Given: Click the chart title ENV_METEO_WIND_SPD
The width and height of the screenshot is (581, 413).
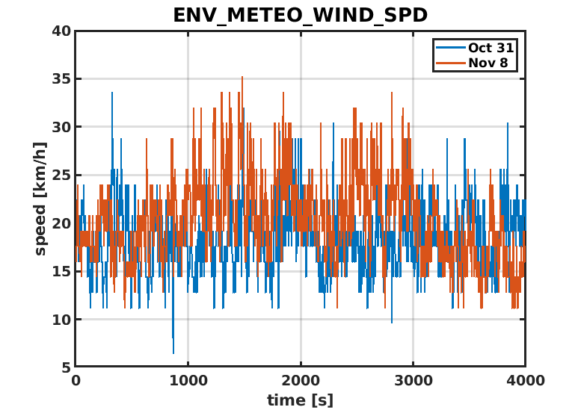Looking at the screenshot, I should (x=299, y=15).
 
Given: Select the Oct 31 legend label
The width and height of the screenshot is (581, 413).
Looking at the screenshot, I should (x=491, y=48).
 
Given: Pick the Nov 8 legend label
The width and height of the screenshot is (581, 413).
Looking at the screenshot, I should (x=488, y=63).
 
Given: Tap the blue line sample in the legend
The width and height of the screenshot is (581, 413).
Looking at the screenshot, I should (x=450, y=48).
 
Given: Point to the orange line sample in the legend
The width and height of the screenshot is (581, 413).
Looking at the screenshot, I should (x=450, y=63).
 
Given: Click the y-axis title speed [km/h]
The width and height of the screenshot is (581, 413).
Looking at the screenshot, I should (x=40, y=199).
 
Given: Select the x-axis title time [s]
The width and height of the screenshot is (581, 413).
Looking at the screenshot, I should (x=300, y=400).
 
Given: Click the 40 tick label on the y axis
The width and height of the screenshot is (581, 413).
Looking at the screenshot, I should (x=61, y=31).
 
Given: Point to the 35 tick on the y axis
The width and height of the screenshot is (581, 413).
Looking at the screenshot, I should (x=61, y=79).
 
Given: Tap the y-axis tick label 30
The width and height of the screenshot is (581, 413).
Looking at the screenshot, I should (x=61, y=127).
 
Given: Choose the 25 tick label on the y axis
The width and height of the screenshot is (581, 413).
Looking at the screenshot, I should (x=61, y=176).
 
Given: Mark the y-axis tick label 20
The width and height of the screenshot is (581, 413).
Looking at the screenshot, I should (x=61, y=223).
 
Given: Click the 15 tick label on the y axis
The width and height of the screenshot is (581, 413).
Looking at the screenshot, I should (x=61, y=271).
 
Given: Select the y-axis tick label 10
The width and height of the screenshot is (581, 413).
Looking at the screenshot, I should (x=61, y=320).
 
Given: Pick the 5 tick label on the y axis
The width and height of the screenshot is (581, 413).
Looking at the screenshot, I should (x=66, y=367).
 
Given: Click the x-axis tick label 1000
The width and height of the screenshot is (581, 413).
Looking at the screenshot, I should (x=188, y=380).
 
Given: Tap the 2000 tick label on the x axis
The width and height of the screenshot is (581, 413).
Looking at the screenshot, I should (x=300, y=380).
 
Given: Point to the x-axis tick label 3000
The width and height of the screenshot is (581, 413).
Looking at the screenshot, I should (x=413, y=380).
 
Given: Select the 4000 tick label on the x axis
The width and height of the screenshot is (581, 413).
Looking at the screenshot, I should (x=525, y=380).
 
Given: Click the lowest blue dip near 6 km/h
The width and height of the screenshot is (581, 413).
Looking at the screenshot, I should (x=173, y=352).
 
